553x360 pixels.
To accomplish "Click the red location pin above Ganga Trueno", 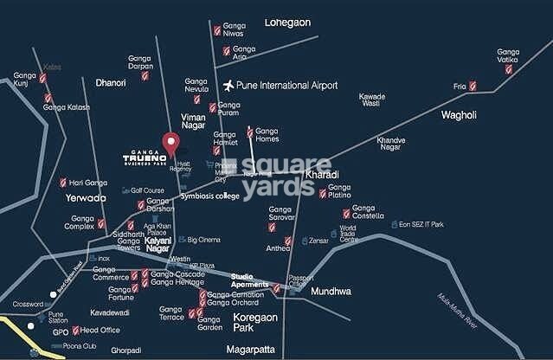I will click(170, 142).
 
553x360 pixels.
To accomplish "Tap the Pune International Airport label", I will click(286, 86).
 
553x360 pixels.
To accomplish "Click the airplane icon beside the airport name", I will click(228, 86).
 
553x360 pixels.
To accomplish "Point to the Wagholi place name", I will click(465, 114).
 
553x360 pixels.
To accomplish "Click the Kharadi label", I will click(322, 175).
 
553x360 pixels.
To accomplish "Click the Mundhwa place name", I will click(331, 292).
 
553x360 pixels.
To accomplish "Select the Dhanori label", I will click(110, 82).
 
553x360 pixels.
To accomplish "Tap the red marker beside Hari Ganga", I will click(63, 183).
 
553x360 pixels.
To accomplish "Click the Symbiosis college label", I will click(209, 196).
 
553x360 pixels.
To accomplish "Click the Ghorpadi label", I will click(125, 350).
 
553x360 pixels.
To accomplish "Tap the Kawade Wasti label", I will click(371, 99).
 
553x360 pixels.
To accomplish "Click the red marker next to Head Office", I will click(74, 330).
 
